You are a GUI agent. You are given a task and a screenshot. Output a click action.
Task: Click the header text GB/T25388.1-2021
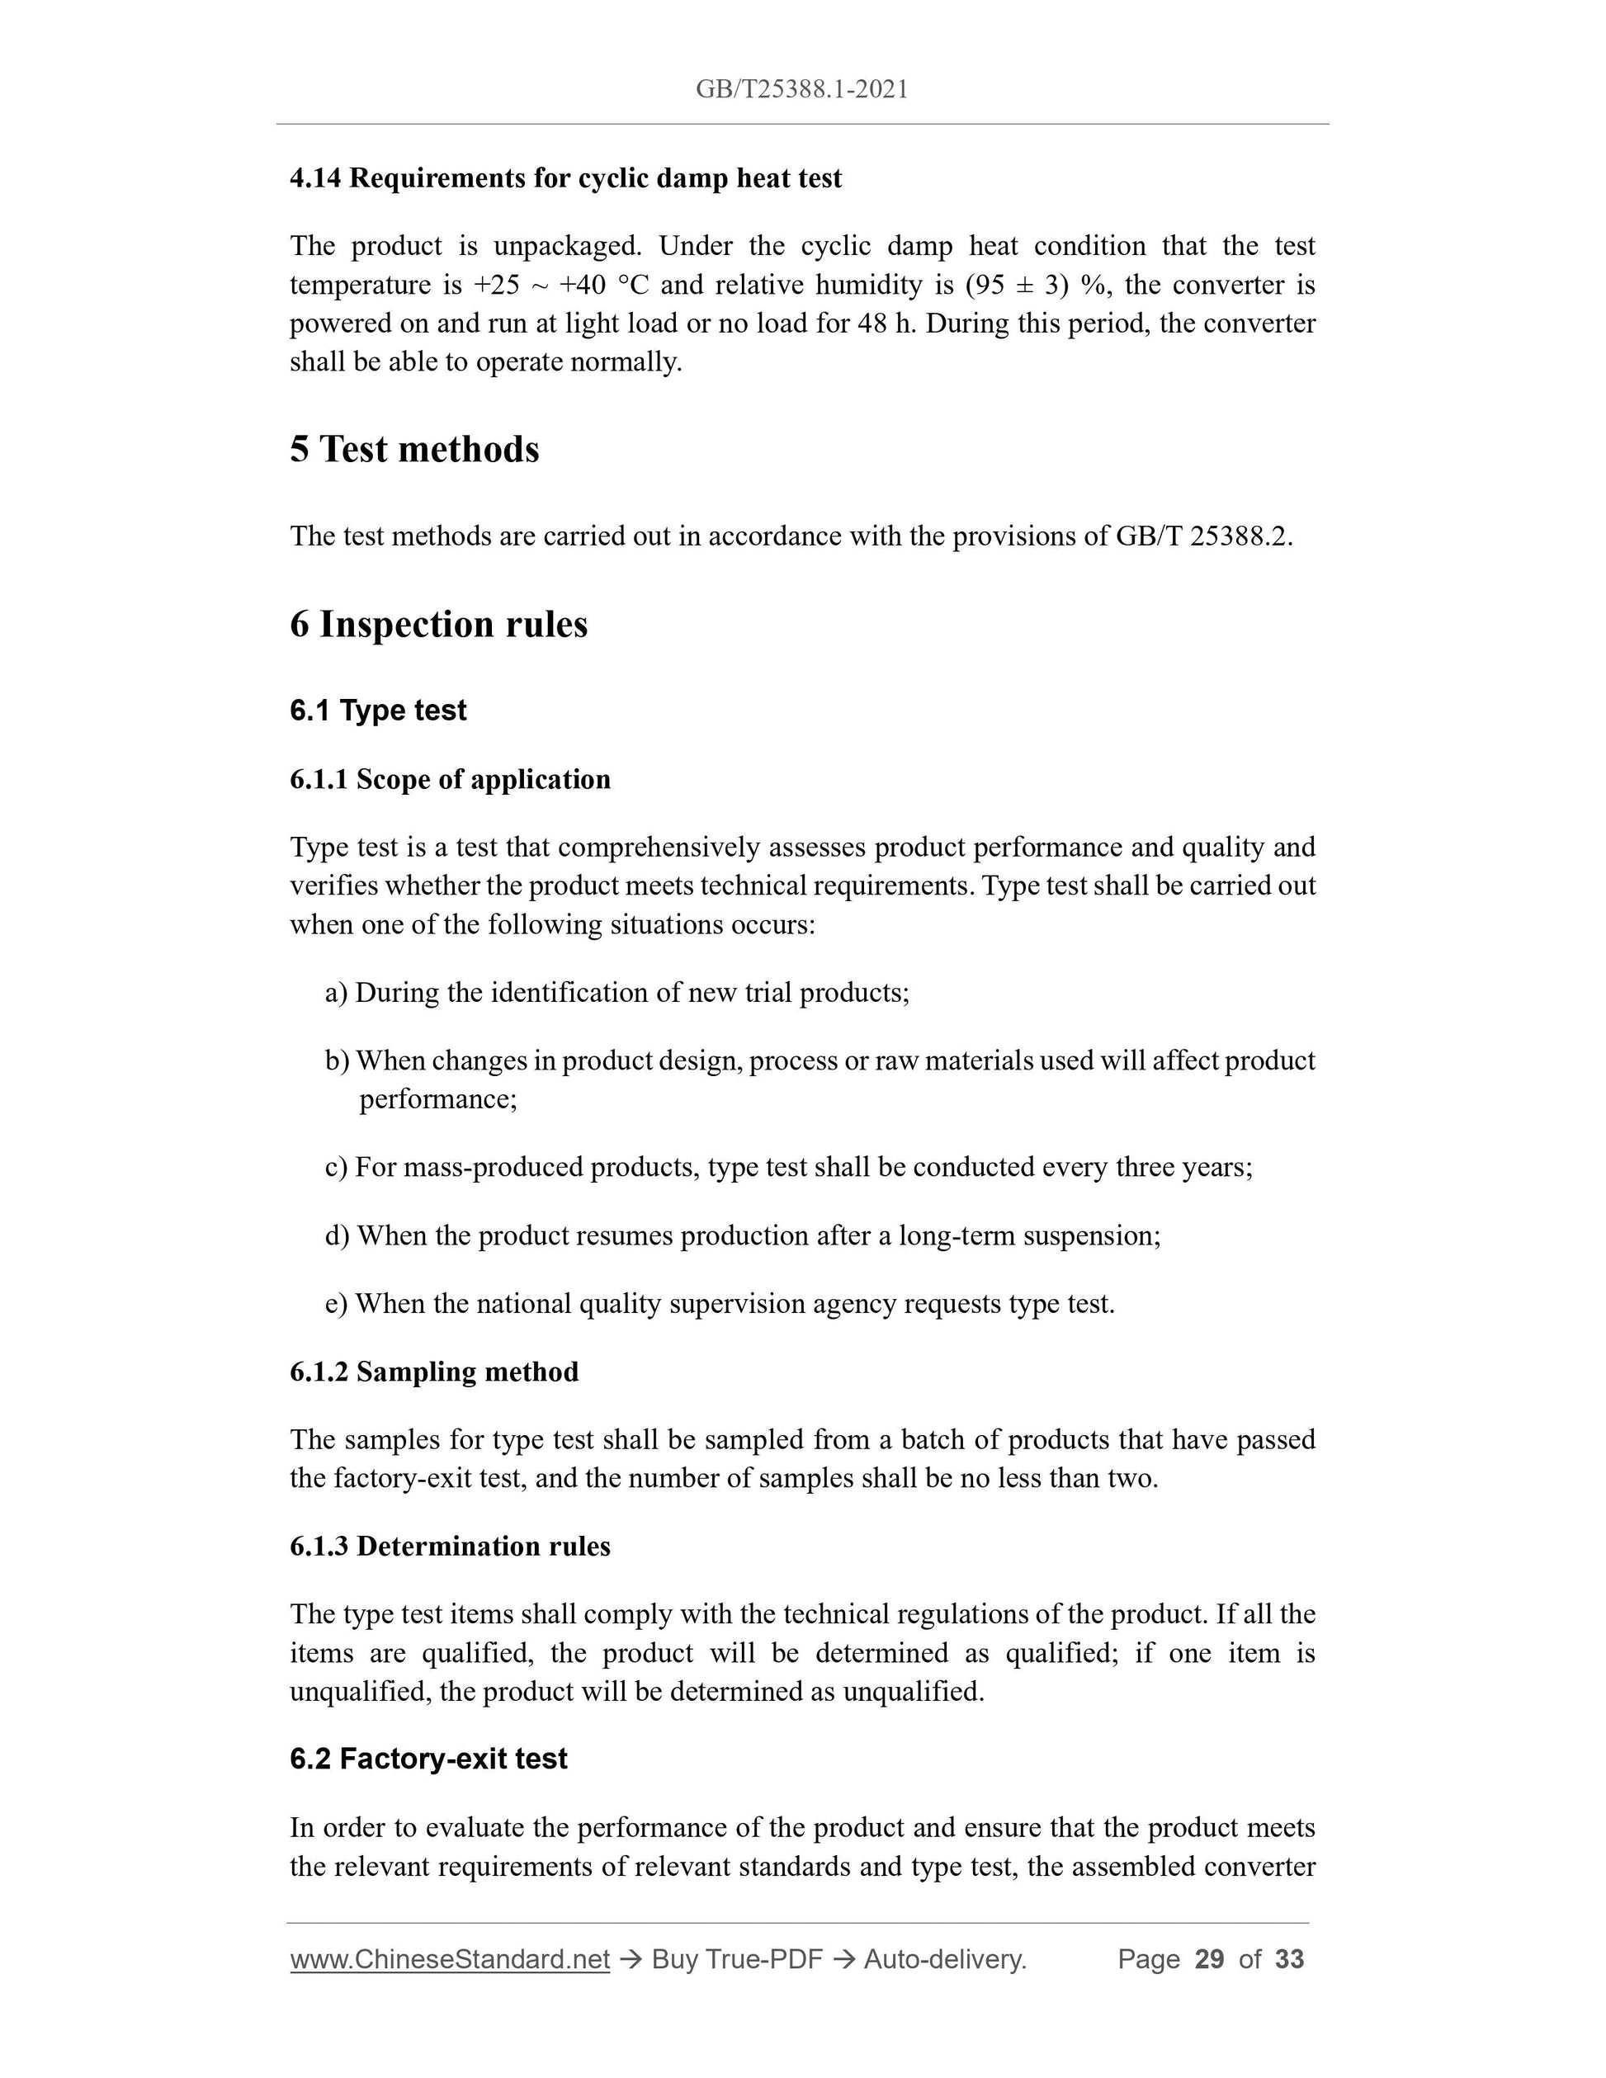(801, 89)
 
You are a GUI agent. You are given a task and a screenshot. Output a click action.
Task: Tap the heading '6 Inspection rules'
(438, 624)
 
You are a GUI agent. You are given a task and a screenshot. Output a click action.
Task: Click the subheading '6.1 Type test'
(378, 711)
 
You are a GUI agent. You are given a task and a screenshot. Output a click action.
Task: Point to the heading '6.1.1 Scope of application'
(450, 779)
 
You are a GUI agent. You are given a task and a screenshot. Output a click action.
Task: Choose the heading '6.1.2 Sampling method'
(434, 1372)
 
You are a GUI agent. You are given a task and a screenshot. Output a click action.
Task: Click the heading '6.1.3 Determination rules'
(450, 1547)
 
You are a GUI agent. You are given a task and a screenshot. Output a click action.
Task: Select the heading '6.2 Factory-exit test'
(428, 1759)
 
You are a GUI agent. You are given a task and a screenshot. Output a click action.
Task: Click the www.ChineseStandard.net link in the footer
(449, 1959)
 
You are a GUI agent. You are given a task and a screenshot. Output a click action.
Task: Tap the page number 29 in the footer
(1209, 1959)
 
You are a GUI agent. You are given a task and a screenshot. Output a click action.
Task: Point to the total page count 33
(1289, 1959)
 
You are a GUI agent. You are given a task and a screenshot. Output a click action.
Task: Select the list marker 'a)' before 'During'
(336, 994)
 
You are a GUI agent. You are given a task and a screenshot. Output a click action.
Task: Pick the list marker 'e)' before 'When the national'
(336, 1305)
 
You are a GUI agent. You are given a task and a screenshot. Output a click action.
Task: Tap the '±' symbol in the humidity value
(1026, 285)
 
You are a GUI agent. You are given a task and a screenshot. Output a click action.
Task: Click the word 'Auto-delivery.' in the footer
(945, 1959)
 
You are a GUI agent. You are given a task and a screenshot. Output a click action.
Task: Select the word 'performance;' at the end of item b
(437, 1100)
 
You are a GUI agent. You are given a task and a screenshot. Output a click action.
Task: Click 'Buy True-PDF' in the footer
(736, 1959)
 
